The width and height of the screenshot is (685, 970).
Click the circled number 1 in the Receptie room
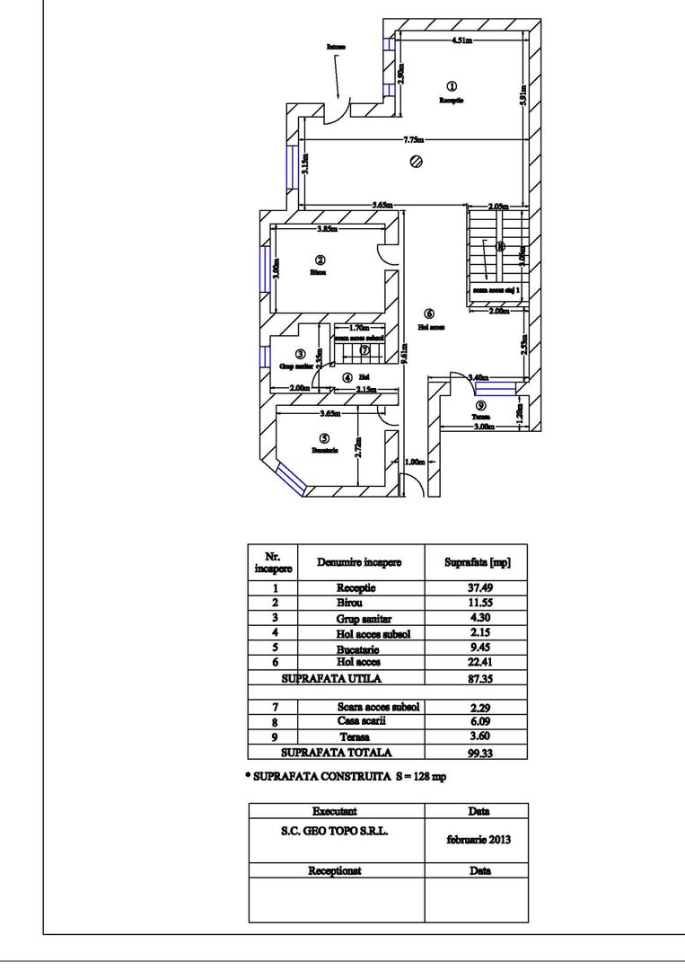[x=451, y=85]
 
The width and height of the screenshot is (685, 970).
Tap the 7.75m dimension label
[x=413, y=139]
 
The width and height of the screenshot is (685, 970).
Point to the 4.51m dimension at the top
[x=463, y=40]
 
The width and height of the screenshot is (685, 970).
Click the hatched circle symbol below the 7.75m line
[x=417, y=162]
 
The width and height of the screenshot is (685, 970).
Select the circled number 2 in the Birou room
[x=320, y=259]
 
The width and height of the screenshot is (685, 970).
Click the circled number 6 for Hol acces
[x=428, y=313]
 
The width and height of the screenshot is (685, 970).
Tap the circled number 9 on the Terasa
[x=480, y=405]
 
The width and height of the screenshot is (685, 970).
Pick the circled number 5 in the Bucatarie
[x=323, y=438]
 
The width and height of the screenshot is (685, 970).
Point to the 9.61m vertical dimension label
[x=405, y=355]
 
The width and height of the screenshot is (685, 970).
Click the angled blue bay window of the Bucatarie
[x=293, y=480]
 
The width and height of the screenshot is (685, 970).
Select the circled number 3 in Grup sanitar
[x=300, y=354]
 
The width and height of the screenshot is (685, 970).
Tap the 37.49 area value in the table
[x=477, y=588]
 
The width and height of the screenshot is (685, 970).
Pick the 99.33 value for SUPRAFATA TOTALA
[x=477, y=753]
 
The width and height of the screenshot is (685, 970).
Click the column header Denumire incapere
[x=359, y=562]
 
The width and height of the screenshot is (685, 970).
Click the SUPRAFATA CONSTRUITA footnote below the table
[x=346, y=776]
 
